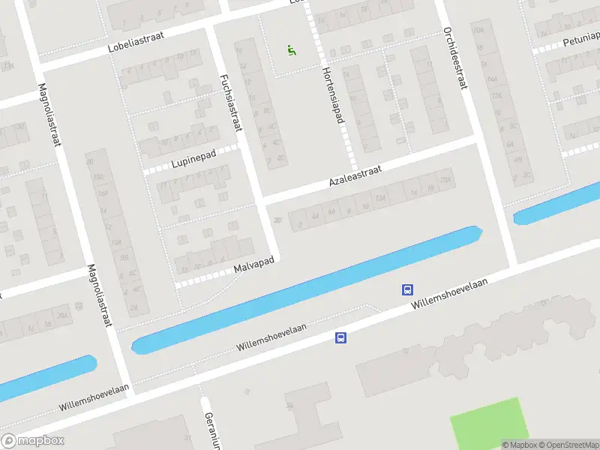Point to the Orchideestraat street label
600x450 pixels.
click(x=454, y=58)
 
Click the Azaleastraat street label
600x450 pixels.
click(x=355, y=177)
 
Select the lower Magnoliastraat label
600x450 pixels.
click(x=99, y=295)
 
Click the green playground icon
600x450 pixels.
click(x=291, y=51)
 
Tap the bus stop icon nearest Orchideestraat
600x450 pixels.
click(x=407, y=289)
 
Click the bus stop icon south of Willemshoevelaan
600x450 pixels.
click(x=340, y=338)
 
